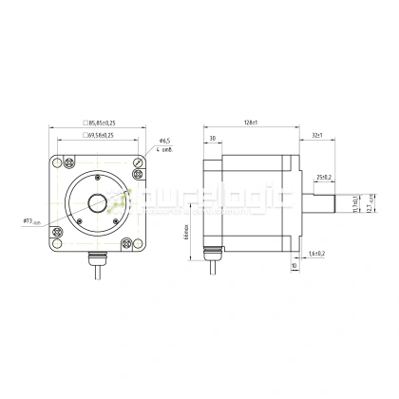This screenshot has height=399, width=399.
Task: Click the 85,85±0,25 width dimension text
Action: (103, 123)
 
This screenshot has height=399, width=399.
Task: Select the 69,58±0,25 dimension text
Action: (103, 137)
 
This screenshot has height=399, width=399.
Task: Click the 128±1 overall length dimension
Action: (251, 123)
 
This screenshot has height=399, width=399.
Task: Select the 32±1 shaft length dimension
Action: (315, 137)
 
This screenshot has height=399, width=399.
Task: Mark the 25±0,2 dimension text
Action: (324, 177)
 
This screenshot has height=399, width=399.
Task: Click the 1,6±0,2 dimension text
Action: (317, 254)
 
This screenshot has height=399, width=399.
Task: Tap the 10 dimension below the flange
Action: (294, 267)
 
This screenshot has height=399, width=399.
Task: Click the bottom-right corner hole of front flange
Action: (139, 241)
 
